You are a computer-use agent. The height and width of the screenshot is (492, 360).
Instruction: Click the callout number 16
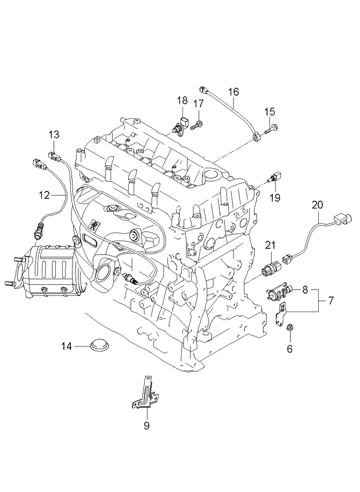point(233,91)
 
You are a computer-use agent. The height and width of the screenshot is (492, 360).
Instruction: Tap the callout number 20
point(317,204)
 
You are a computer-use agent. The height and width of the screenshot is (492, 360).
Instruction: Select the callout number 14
point(67,346)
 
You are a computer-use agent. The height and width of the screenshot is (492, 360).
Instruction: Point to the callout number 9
point(146,426)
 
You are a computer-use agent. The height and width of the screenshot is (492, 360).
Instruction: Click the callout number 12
point(45,196)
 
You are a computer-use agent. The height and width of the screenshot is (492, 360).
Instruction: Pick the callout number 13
point(53,135)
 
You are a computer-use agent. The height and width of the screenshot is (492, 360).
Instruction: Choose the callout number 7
point(331,301)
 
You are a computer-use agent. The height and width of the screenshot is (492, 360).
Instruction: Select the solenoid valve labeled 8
point(280,290)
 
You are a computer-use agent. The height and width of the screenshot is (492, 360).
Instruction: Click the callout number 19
point(275,197)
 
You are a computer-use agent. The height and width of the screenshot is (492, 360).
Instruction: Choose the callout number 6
point(290,349)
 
